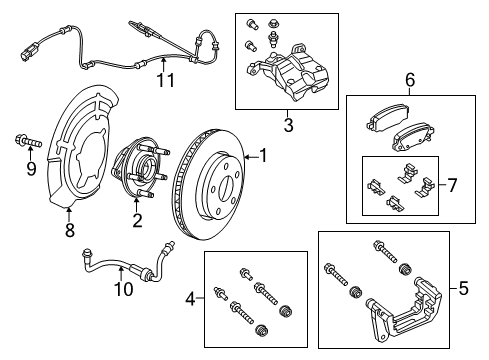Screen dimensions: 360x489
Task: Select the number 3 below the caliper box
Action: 287,124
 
